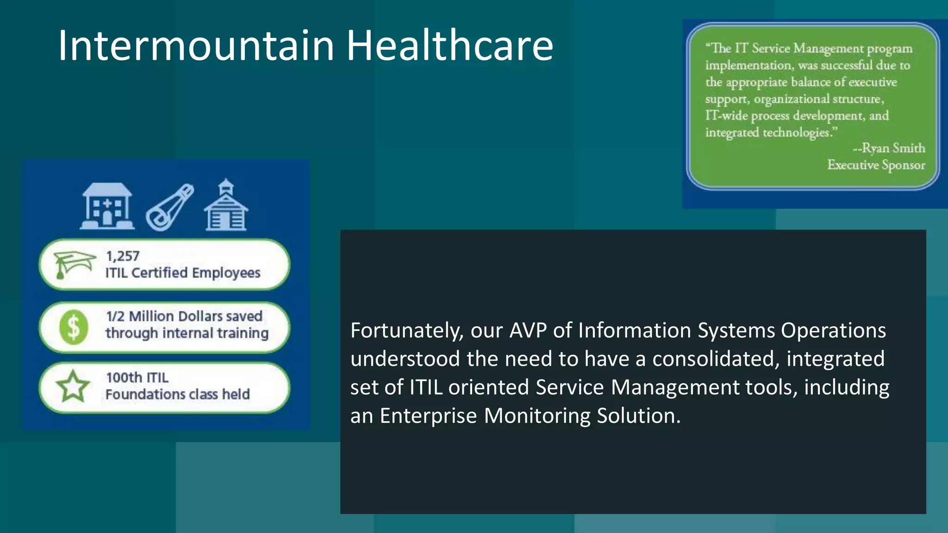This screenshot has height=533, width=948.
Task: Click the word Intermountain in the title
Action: point(196,45)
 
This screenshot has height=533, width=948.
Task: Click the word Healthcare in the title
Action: point(449,45)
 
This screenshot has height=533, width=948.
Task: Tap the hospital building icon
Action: point(107,206)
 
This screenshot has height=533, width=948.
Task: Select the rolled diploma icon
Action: point(170,207)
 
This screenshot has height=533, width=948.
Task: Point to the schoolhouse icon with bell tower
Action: point(226,206)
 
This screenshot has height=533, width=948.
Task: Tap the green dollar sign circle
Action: point(74,327)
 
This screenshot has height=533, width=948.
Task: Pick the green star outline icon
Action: point(73,387)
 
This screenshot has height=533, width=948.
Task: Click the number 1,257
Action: point(123,256)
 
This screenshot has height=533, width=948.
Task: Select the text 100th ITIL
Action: point(137,378)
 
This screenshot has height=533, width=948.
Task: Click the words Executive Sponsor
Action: point(876,165)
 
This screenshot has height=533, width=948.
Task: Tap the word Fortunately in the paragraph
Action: point(407,331)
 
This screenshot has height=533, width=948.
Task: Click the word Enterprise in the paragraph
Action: point(428,415)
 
